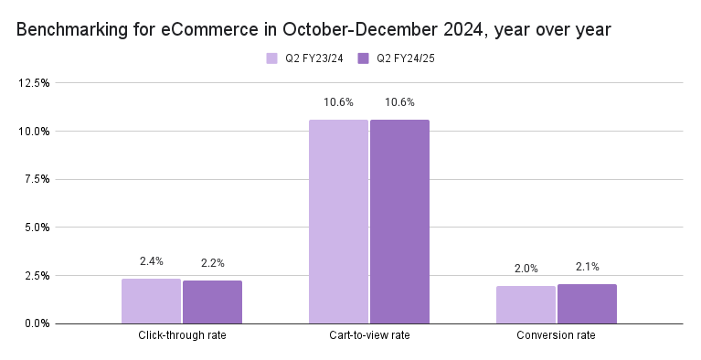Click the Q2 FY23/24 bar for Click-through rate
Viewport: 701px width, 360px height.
(151, 301)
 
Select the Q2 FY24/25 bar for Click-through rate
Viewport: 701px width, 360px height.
(212, 302)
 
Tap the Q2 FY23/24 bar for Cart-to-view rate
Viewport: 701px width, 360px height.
(338, 221)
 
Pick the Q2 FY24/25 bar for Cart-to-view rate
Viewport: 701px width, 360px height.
(399, 221)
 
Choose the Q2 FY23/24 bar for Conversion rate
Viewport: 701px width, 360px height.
(526, 304)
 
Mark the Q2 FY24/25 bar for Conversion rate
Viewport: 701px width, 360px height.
(587, 303)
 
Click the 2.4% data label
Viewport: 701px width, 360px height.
(151, 261)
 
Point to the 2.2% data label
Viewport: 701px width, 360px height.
(212, 263)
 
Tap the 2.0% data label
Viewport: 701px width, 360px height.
(526, 269)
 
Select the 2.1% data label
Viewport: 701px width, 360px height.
(587, 267)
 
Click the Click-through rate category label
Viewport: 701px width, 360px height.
(182, 336)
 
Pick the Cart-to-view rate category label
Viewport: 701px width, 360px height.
(368, 336)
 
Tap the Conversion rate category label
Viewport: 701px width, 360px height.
(556, 336)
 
